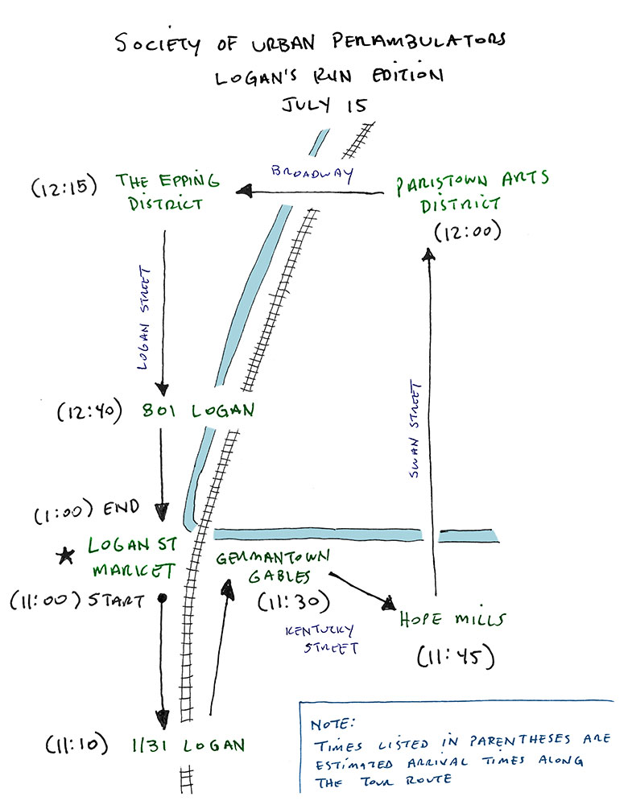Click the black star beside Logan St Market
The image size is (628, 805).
point(64,555)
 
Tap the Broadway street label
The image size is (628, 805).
point(312,174)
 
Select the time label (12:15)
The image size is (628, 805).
point(64,188)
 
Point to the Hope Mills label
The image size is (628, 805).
point(452,620)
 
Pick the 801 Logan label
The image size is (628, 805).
point(199,411)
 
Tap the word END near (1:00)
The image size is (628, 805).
point(123,509)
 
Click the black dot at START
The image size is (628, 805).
point(163,598)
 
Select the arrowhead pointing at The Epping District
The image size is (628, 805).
point(242,192)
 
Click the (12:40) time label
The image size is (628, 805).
point(88,412)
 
